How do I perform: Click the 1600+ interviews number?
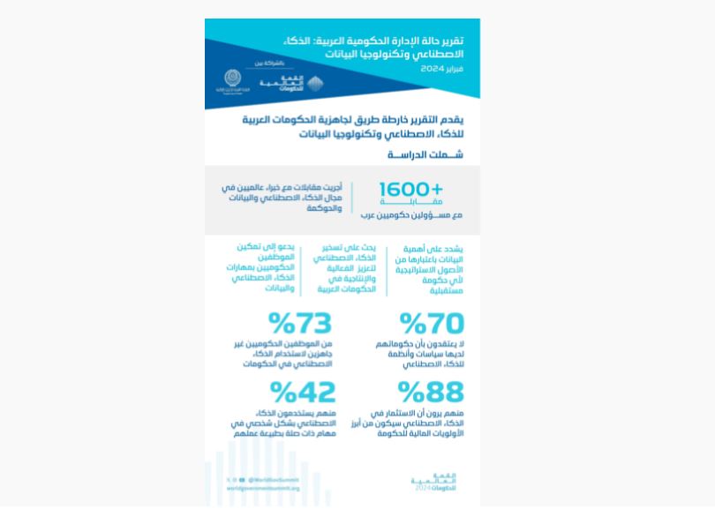[x=410, y=190]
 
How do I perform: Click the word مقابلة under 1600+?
[x=410, y=202]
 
